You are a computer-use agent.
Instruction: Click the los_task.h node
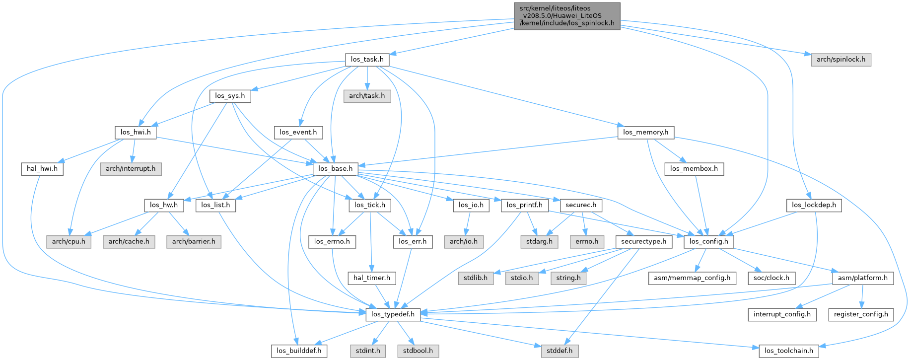(367, 60)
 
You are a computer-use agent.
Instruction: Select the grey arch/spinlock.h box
(840, 60)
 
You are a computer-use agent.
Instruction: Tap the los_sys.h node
(230, 96)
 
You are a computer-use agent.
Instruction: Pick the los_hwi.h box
(136, 132)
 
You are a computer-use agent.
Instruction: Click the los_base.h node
(336, 169)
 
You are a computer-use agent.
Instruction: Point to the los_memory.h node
(645, 132)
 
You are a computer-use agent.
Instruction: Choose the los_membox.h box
(694, 169)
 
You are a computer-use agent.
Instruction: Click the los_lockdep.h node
(814, 205)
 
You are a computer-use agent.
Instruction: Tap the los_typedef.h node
(393, 314)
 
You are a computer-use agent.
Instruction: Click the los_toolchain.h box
(788, 351)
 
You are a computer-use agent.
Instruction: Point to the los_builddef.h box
(299, 351)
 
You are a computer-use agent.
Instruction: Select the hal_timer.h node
(371, 278)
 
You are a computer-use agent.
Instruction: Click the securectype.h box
(643, 241)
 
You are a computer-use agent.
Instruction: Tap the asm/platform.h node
(862, 278)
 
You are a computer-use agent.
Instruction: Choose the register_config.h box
(861, 314)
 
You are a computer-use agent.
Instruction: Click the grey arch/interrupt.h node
(131, 169)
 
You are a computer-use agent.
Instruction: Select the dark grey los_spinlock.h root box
(566, 16)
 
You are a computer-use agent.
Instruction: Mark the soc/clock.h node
(771, 278)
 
